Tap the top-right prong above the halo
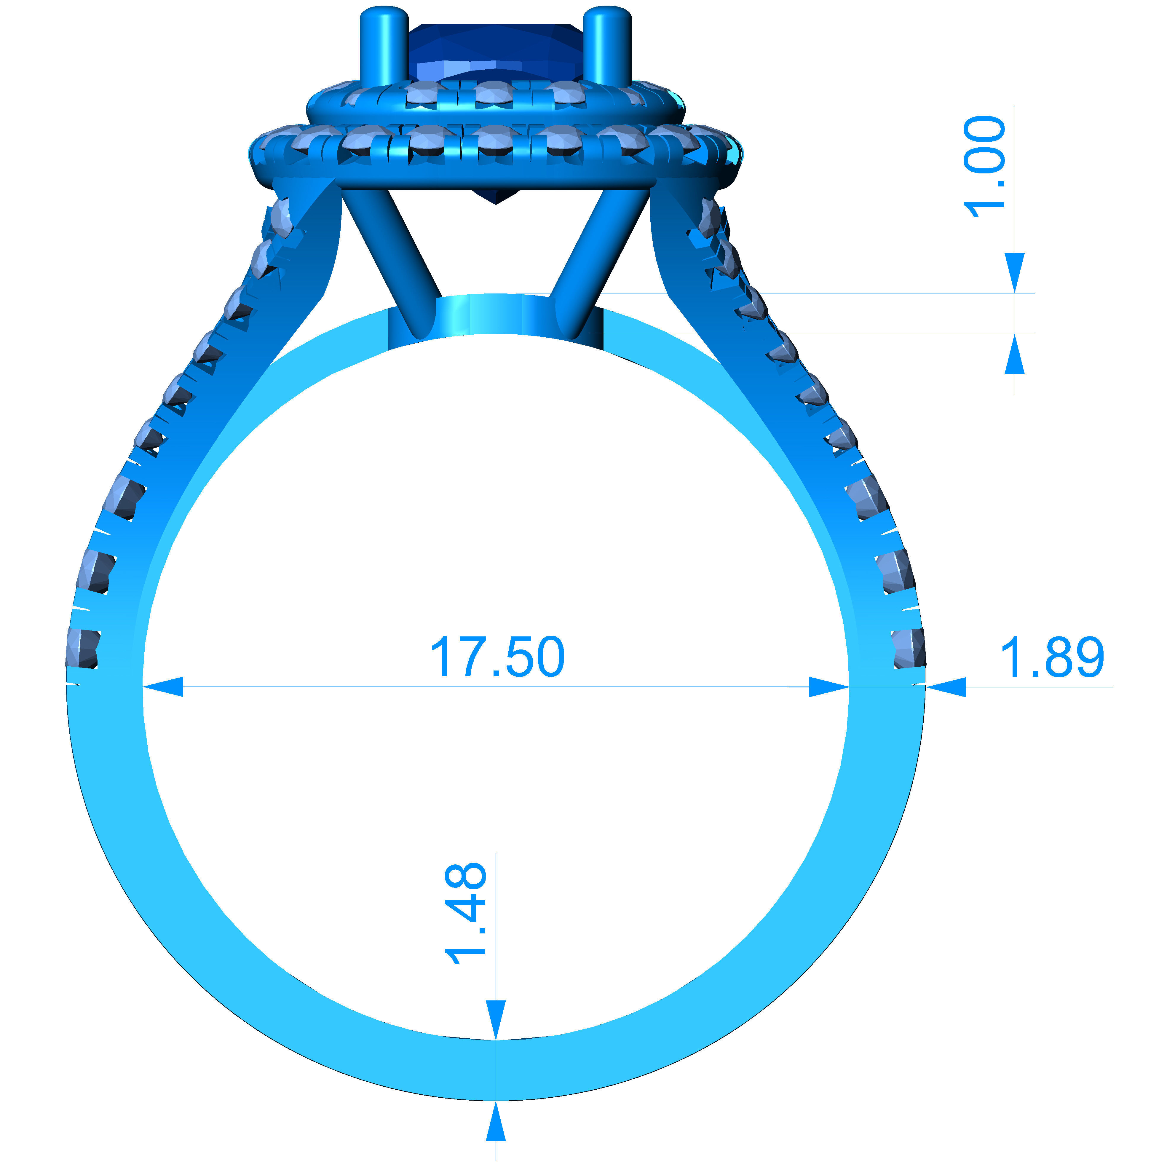coord(608,45)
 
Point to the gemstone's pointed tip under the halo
coord(495,198)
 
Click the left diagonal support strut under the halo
coord(393,260)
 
